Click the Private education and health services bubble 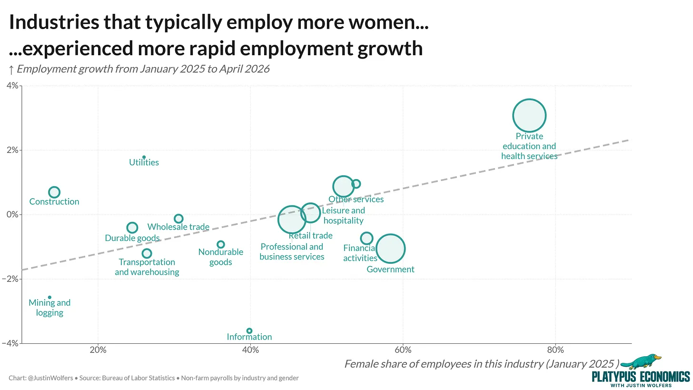(529, 115)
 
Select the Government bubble (390, 249)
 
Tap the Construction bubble (54, 192)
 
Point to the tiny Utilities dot (144, 157)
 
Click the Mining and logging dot (49, 298)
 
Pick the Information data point (249, 331)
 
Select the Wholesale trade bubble (178, 219)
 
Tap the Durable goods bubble (132, 228)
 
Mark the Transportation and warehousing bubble (147, 253)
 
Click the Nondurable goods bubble (220, 245)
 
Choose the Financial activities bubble (366, 238)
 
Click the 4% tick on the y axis (20, 86)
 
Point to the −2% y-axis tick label (10, 279)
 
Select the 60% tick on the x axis (403, 344)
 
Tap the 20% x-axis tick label (98, 350)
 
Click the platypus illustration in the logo (641, 361)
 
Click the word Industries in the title (54, 22)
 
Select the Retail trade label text (311, 236)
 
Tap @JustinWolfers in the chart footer (50, 378)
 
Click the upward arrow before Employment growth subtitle (11, 70)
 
